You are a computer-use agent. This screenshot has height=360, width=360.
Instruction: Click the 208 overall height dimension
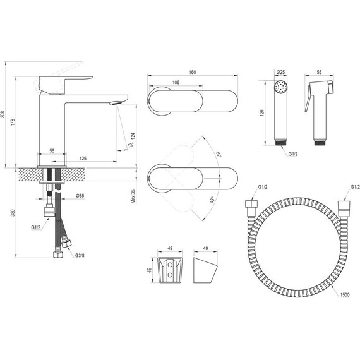[x=3, y=114]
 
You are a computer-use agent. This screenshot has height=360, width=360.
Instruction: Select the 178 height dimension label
[x=13, y=122]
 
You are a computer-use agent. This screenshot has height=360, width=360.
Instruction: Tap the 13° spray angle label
[x=130, y=145]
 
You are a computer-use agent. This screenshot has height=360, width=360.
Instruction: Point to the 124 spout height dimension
[x=133, y=136]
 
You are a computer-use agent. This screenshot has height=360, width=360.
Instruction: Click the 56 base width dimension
[x=52, y=150]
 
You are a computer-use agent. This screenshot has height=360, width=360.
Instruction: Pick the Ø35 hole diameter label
[x=80, y=196]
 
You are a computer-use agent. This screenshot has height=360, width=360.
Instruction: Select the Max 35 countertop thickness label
[x=133, y=196]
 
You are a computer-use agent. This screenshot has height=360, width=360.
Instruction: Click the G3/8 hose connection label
[x=80, y=255]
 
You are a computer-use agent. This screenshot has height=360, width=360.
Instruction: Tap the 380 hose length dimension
[x=13, y=213]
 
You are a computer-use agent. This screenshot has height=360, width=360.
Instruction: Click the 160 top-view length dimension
[x=193, y=72]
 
